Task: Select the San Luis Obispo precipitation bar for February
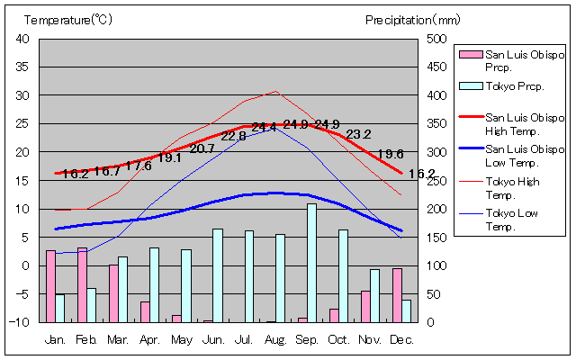[82, 284]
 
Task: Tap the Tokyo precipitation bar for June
[218, 275]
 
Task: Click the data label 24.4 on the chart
[264, 127]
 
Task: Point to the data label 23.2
[358, 134]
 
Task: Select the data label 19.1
[170, 157]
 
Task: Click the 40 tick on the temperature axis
[22, 39]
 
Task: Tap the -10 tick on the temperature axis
[21, 322]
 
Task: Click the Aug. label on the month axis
[275, 339]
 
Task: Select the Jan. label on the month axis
[56, 339]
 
